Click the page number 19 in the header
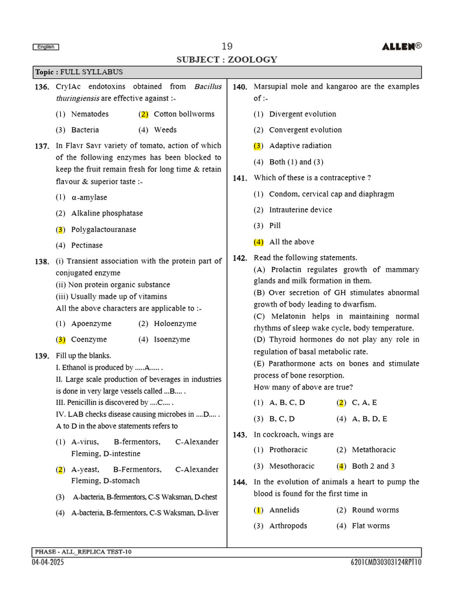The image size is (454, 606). (x=227, y=47)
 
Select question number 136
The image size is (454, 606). (x=41, y=87)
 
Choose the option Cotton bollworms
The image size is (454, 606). (x=184, y=114)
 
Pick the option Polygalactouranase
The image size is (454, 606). (x=103, y=229)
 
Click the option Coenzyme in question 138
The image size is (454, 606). (x=89, y=340)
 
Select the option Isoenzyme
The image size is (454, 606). (x=172, y=340)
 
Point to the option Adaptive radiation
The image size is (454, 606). (x=300, y=146)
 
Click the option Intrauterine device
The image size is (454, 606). (x=300, y=209)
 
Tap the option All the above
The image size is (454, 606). (x=291, y=241)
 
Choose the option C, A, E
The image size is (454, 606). (x=364, y=402)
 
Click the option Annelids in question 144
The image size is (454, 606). (x=284, y=510)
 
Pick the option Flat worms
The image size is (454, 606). (x=371, y=526)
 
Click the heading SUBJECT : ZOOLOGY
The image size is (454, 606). (x=227, y=60)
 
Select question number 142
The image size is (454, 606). (x=239, y=258)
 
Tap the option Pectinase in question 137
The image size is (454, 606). (x=87, y=245)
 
